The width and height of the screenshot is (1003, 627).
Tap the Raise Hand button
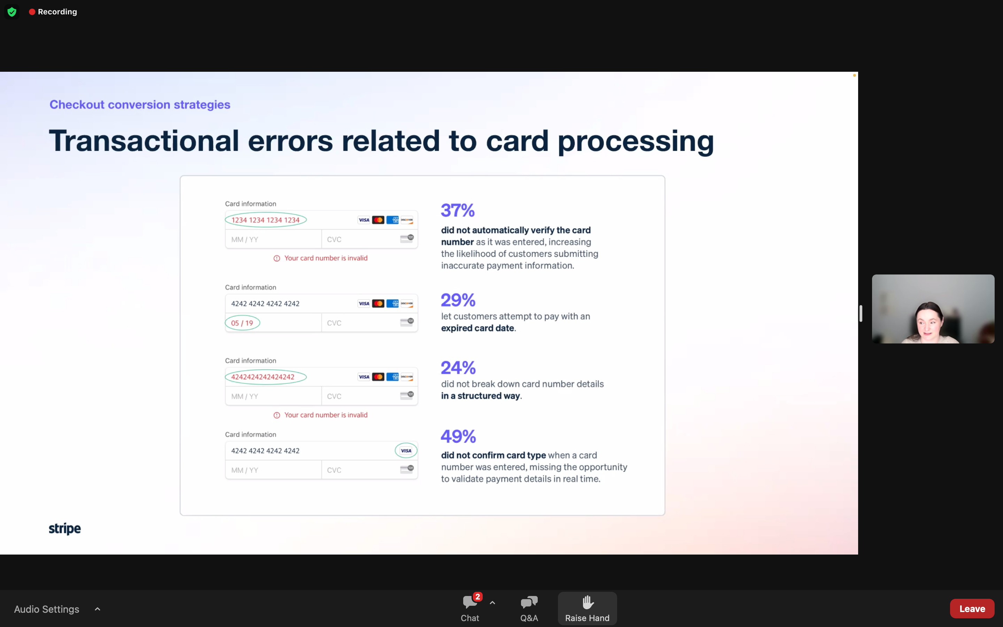click(x=587, y=608)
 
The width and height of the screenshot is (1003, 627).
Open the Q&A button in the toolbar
click(x=529, y=608)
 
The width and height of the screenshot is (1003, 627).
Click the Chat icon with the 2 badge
click(x=471, y=601)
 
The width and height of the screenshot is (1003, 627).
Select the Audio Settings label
click(x=46, y=609)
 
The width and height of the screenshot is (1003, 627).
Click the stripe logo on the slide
click(x=65, y=528)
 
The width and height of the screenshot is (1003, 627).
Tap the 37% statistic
click(x=458, y=210)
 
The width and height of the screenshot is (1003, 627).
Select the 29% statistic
click(x=458, y=300)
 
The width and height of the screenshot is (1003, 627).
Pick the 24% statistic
click(x=458, y=367)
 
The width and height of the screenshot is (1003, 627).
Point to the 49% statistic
click(x=458, y=436)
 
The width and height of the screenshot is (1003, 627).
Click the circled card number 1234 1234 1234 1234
click(x=265, y=220)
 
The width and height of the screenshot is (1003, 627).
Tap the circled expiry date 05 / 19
click(x=242, y=323)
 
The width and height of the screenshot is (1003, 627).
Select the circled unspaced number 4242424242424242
click(x=265, y=377)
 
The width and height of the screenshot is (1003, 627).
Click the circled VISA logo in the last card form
click(x=406, y=450)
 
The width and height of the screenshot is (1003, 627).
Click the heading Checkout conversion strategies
click(x=140, y=104)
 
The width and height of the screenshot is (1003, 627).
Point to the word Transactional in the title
click(x=144, y=141)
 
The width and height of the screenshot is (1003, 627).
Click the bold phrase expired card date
click(x=477, y=328)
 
